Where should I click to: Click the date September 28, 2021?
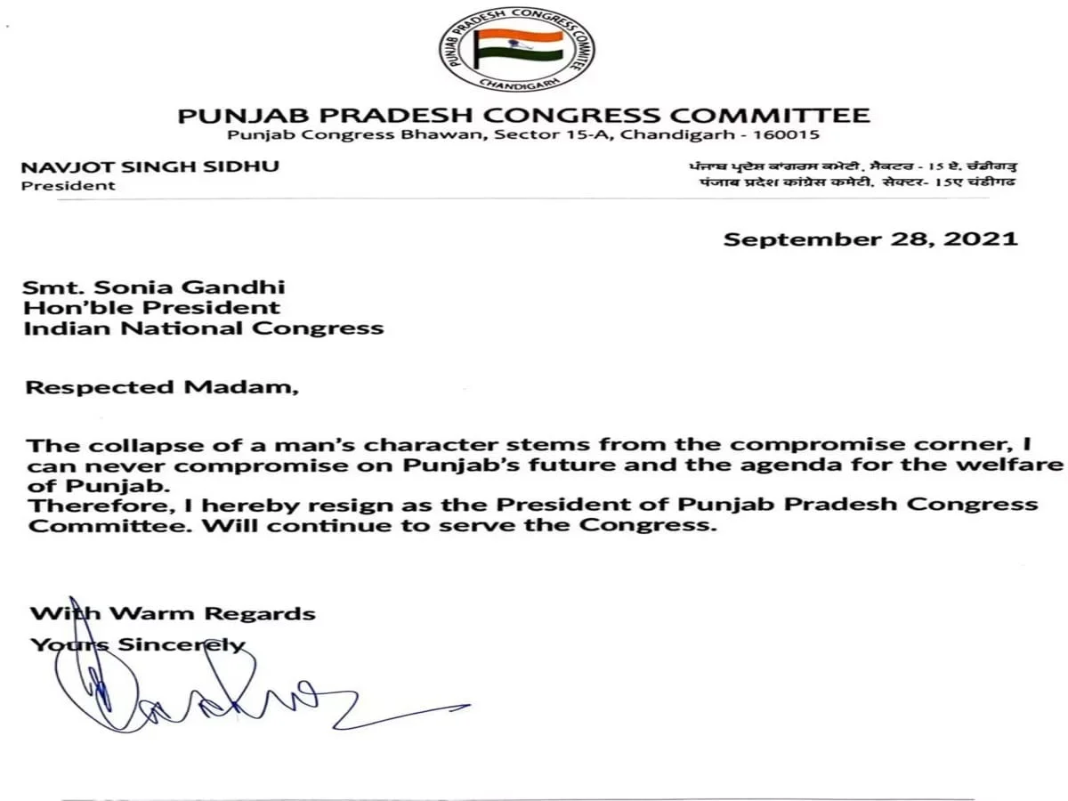870,239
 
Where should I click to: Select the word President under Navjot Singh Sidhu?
69,185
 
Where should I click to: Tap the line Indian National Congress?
204,328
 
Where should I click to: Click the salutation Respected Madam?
162,387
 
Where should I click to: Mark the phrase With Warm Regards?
173,613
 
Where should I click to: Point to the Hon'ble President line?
152,307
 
